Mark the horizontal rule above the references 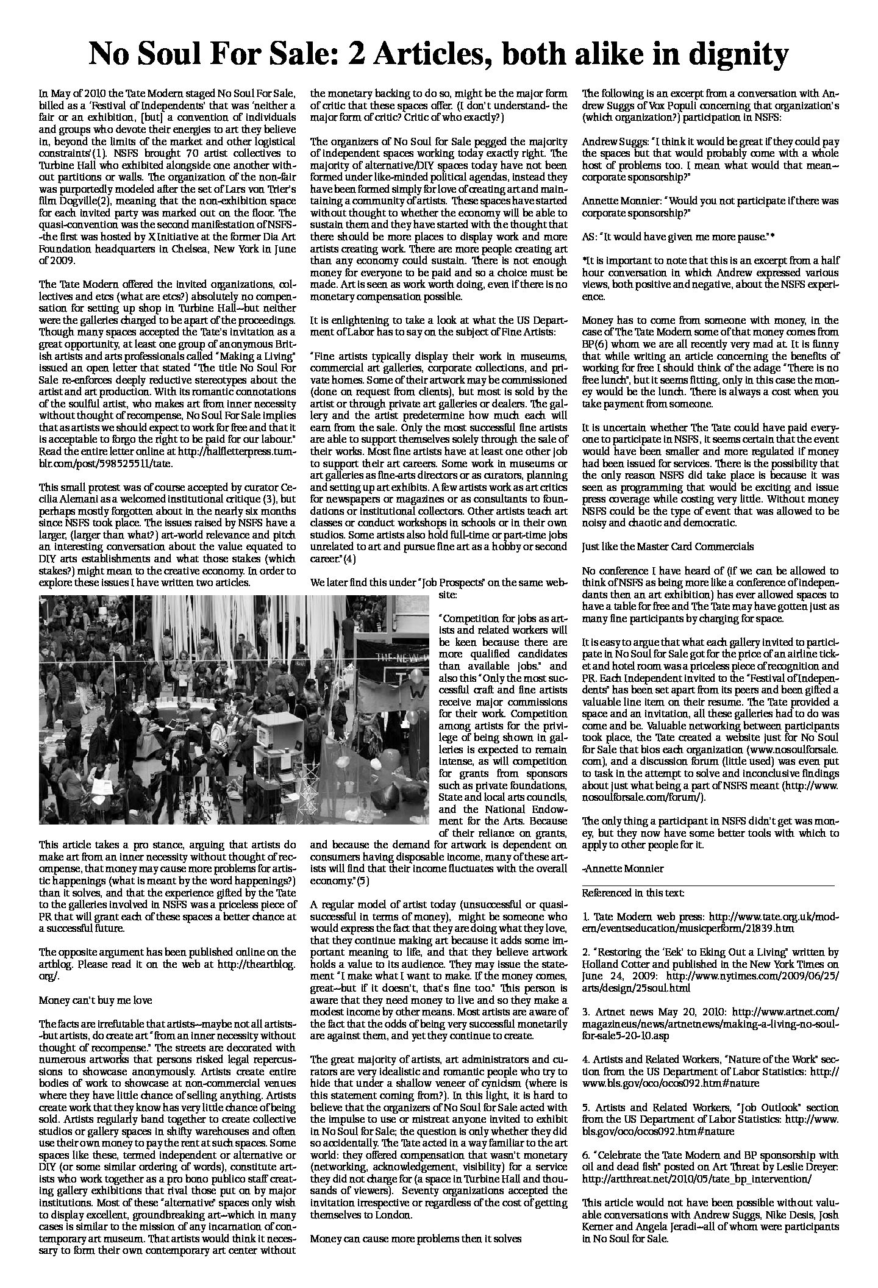[x=708, y=884]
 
